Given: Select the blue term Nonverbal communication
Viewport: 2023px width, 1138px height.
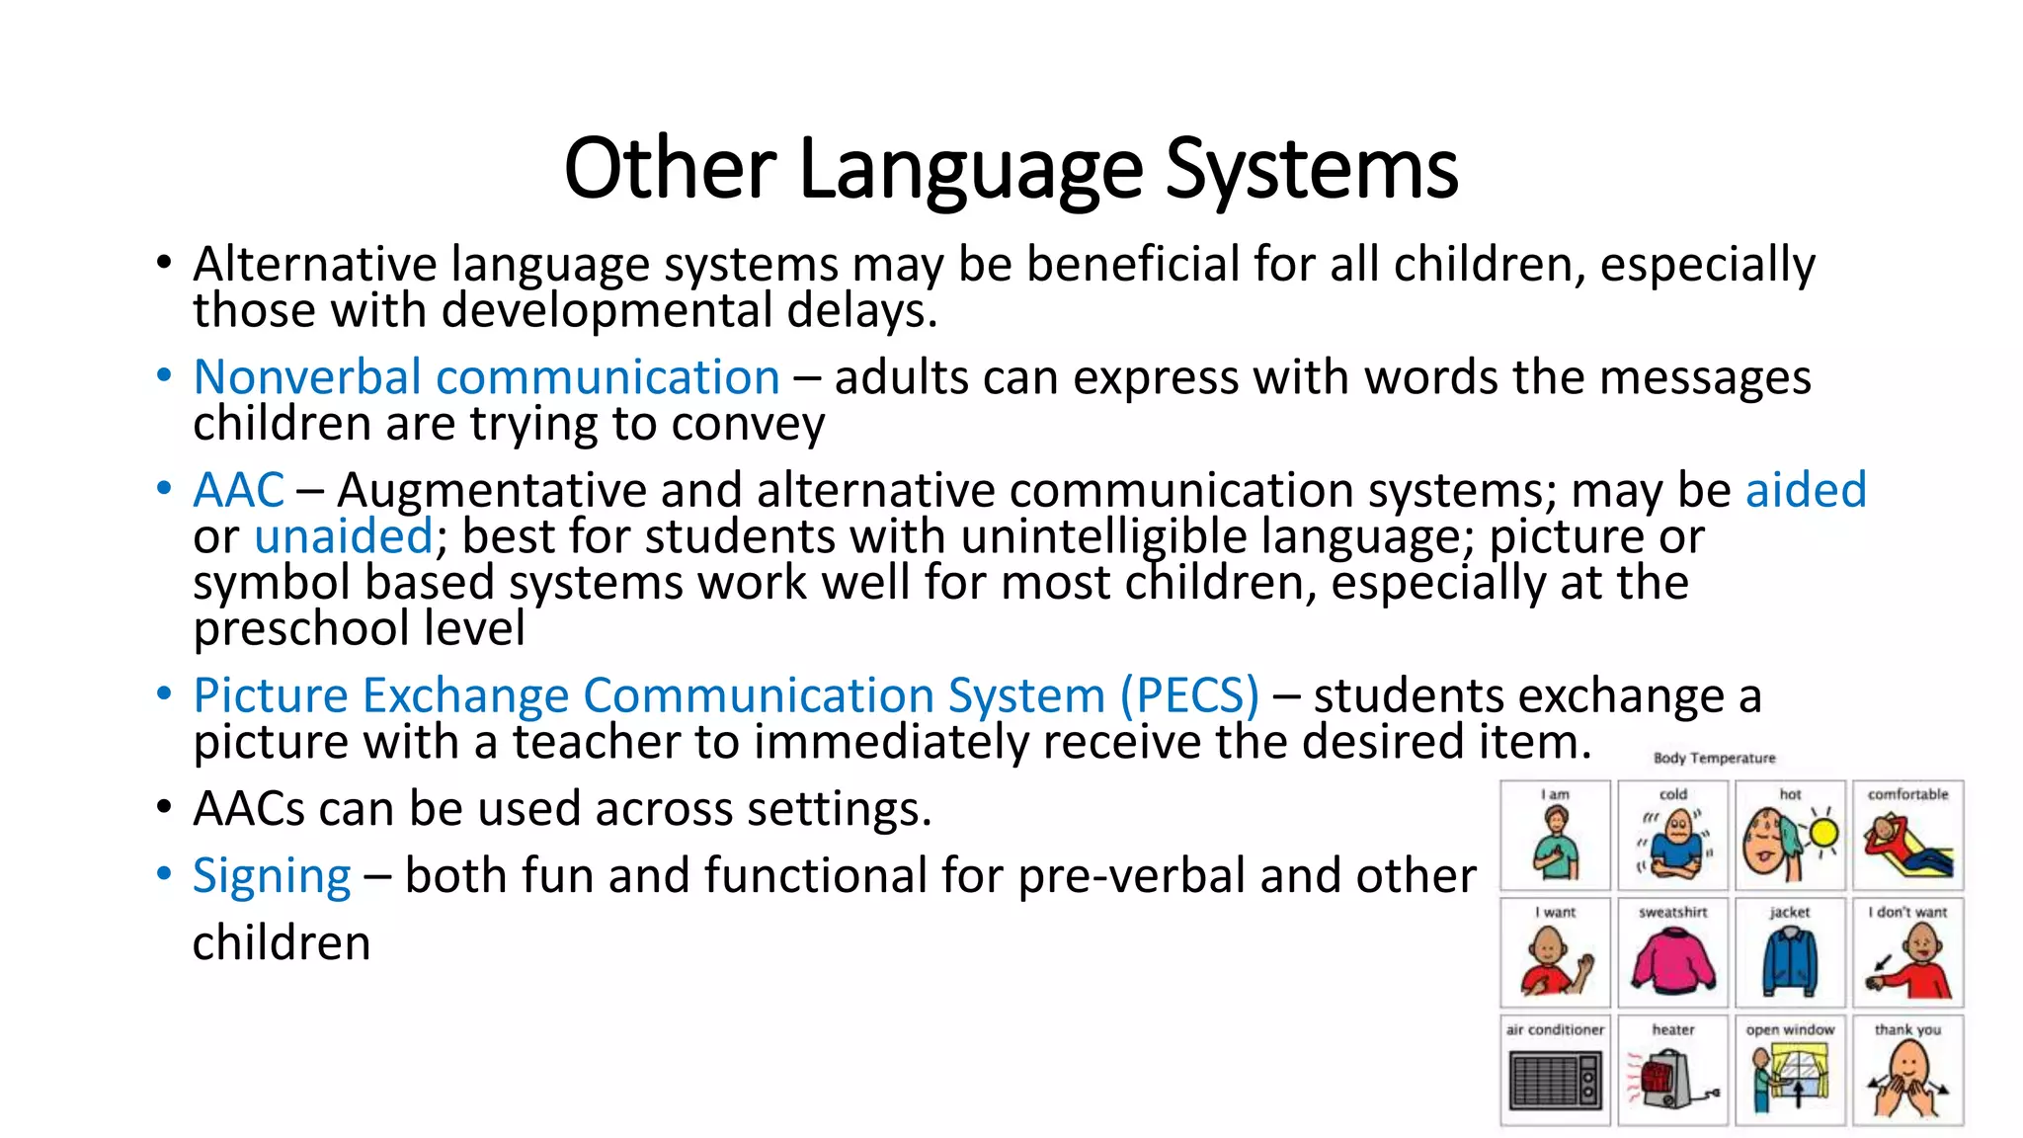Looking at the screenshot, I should [486, 377].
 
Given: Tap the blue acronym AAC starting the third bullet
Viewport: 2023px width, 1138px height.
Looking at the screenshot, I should [238, 490].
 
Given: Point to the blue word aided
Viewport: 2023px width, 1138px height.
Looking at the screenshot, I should [1806, 490].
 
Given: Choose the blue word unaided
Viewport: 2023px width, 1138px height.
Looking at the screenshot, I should [343, 536].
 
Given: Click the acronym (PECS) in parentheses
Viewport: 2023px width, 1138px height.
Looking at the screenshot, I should [1189, 695].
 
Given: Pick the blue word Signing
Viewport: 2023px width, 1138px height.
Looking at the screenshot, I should [272, 876].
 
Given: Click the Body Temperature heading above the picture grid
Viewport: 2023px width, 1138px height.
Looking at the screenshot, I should [1714, 758].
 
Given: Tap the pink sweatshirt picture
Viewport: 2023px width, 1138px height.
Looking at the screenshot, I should [1672, 960].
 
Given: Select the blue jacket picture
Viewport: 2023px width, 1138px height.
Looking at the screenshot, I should [1790, 960].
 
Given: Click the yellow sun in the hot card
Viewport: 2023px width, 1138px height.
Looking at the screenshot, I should [1822, 834].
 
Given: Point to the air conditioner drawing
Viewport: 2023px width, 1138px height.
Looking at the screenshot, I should [1555, 1080].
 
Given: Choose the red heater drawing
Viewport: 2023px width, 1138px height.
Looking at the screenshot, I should [1667, 1079].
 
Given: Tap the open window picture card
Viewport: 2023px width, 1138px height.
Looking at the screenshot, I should [1790, 1071].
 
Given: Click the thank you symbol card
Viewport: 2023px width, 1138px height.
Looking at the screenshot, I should [1907, 1071].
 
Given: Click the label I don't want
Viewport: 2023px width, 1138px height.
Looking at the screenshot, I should [1907, 912].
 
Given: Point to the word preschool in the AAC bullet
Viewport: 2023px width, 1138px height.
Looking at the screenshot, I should [300, 629].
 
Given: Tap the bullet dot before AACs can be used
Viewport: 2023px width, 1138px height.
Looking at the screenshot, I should [164, 808].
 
